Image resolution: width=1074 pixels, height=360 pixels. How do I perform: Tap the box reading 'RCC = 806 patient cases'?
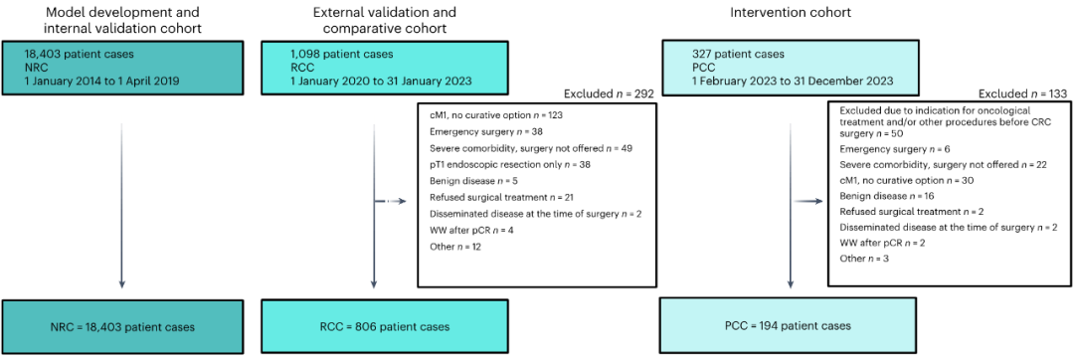click(x=385, y=327)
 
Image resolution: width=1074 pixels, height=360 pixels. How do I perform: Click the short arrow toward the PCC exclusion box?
click(x=808, y=202)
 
